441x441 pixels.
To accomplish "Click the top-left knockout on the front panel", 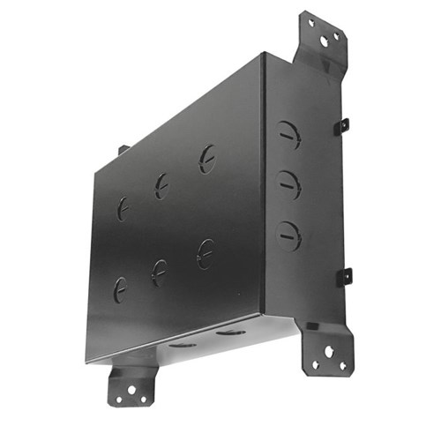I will click(x=123, y=208).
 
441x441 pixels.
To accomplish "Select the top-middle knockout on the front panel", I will click(x=161, y=184).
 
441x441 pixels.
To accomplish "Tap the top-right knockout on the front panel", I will click(x=206, y=159).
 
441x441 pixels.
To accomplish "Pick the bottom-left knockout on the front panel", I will click(x=120, y=288).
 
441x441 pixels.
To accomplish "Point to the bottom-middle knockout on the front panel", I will click(x=160, y=272).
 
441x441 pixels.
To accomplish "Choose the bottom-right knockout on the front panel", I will click(x=205, y=253).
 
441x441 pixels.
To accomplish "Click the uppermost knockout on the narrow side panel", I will click(x=288, y=134).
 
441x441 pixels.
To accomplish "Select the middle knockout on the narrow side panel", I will click(x=288, y=183).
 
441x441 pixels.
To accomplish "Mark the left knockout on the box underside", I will click(x=183, y=344).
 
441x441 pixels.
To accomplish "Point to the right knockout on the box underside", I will click(x=231, y=333).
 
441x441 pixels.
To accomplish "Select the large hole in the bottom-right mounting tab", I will click(x=329, y=351).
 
